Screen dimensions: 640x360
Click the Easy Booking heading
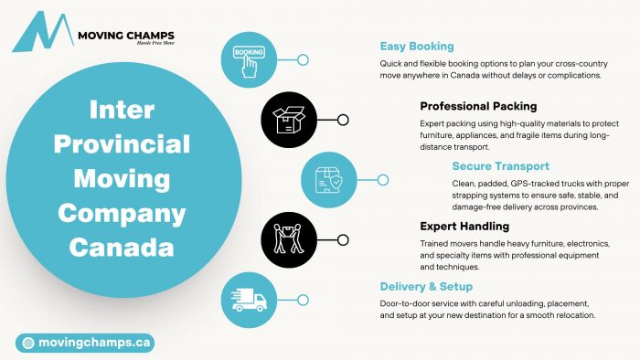point(417,47)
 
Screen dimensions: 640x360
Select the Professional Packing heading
point(478,106)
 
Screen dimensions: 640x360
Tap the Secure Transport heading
point(500,166)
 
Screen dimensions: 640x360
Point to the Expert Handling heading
point(464,227)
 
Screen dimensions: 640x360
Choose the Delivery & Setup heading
point(426,287)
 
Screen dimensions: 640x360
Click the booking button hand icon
point(249,61)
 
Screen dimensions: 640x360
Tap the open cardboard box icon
point(289,120)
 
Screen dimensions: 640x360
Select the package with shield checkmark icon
point(328,180)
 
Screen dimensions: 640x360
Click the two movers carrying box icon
point(289,238)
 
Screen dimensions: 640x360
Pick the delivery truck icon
point(249,300)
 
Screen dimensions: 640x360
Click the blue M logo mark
point(43,32)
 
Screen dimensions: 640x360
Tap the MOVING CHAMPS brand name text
point(126,36)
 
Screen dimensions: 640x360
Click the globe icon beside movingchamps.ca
point(28,343)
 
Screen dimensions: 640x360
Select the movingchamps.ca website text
point(95,343)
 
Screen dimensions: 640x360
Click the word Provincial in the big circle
point(122,144)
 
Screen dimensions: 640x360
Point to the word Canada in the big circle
point(122,248)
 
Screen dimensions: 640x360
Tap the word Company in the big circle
point(122,214)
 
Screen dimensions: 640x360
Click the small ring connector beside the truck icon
point(303,301)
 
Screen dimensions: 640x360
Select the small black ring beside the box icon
point(343,120)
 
